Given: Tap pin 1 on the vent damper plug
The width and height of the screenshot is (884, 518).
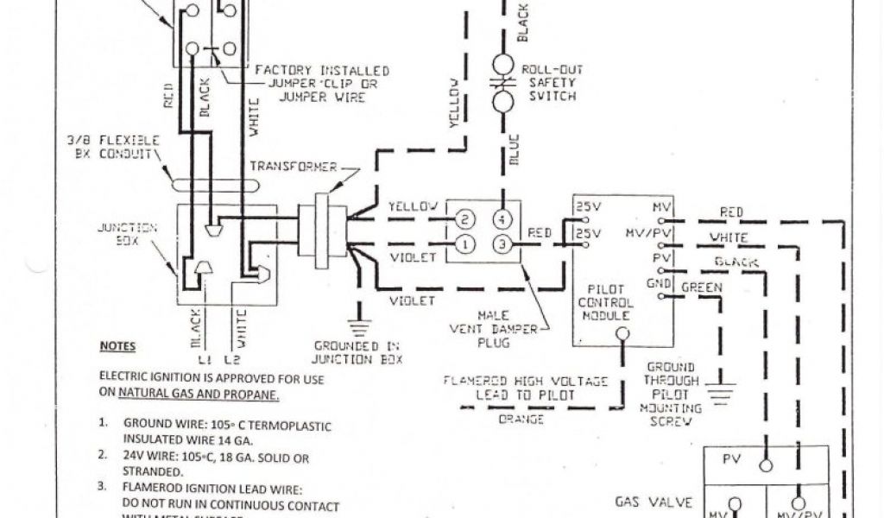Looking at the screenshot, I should tap(464, 244).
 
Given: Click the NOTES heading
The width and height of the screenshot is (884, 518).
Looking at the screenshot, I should tap(117, 346).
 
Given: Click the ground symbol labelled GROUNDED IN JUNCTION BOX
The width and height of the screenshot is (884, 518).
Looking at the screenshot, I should tap(358, 326).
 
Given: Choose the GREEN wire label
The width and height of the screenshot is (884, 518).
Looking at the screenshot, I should tap(702, 287).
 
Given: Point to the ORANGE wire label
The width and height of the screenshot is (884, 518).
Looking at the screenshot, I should tap(522, 420).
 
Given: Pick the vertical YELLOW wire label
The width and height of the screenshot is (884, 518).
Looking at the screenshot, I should tap(455, 103).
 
